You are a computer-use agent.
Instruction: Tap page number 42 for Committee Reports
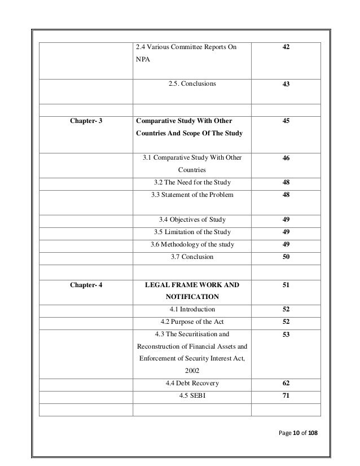pyautogui.click(x=286, y=49)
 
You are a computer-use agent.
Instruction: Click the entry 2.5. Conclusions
pyautogui.click(x=192, y=84)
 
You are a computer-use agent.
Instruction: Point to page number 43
pyautogui.click(x=286, y=84)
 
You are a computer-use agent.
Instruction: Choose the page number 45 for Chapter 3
pyautogui.click(x=286, y=121)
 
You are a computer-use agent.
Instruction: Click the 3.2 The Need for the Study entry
pyautogui.click(x=192, y=182)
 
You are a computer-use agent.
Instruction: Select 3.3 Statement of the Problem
pyautogui.click(x=192, y=195)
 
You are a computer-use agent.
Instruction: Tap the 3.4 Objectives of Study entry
pyautogui.click(x=192, y=219)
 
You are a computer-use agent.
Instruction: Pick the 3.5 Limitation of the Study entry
pyautogui.click(x=192, y=232)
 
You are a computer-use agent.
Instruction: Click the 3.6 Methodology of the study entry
pyautogui.click(x=192, y=244)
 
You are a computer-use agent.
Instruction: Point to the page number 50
pyautogui.click(x=286, y=257)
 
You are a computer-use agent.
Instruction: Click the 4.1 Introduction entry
pyautogui.click(x=192, y=309)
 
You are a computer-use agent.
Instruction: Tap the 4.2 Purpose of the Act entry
pyautogui.click(x=192, y=322)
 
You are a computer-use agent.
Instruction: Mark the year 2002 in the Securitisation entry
pyautogui.click(x=192, y=371)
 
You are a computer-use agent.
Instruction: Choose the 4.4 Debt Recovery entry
pyautogui.click(x=192, y=384)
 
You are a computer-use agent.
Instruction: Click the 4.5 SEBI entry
pyautogui.click(x=192, y=396)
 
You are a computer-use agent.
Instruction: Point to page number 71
pyautogui.click(x=286, y=396)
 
